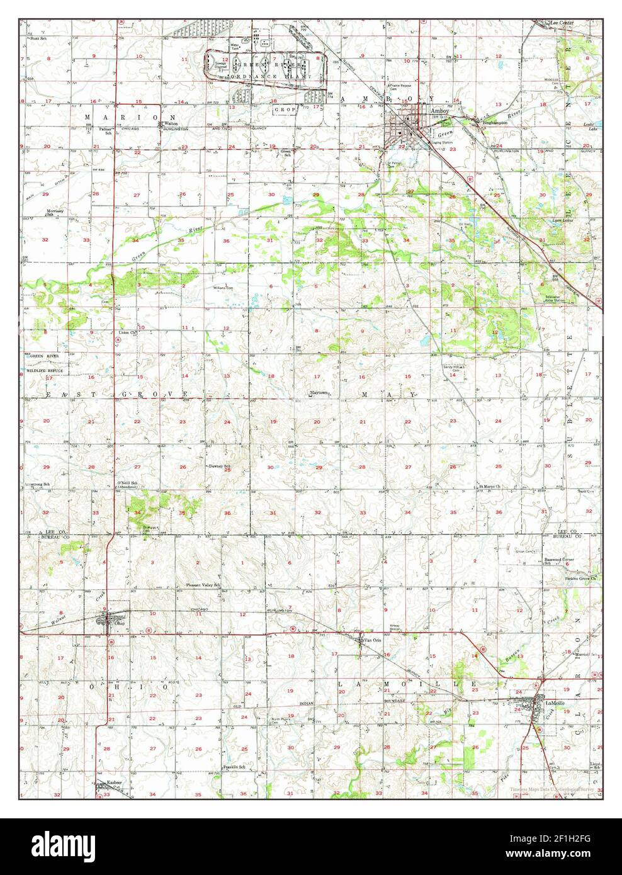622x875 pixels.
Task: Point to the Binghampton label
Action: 494,122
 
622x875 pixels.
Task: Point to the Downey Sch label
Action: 220,466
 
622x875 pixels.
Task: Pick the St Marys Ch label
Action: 490,486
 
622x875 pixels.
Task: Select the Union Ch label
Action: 127,332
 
